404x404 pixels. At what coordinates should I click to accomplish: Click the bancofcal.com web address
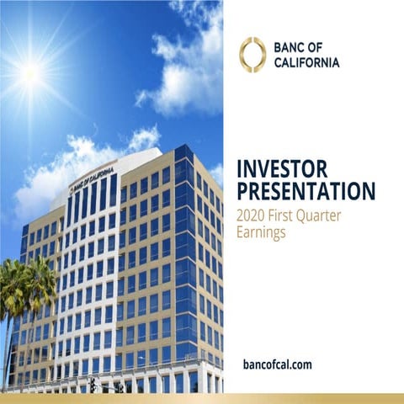tap(276, 364)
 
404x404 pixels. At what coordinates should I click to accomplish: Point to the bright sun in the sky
tap(32, 76)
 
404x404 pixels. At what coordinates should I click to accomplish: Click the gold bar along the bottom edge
tap(202, 397)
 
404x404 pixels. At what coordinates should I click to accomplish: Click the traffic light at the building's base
tap(93, 383)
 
